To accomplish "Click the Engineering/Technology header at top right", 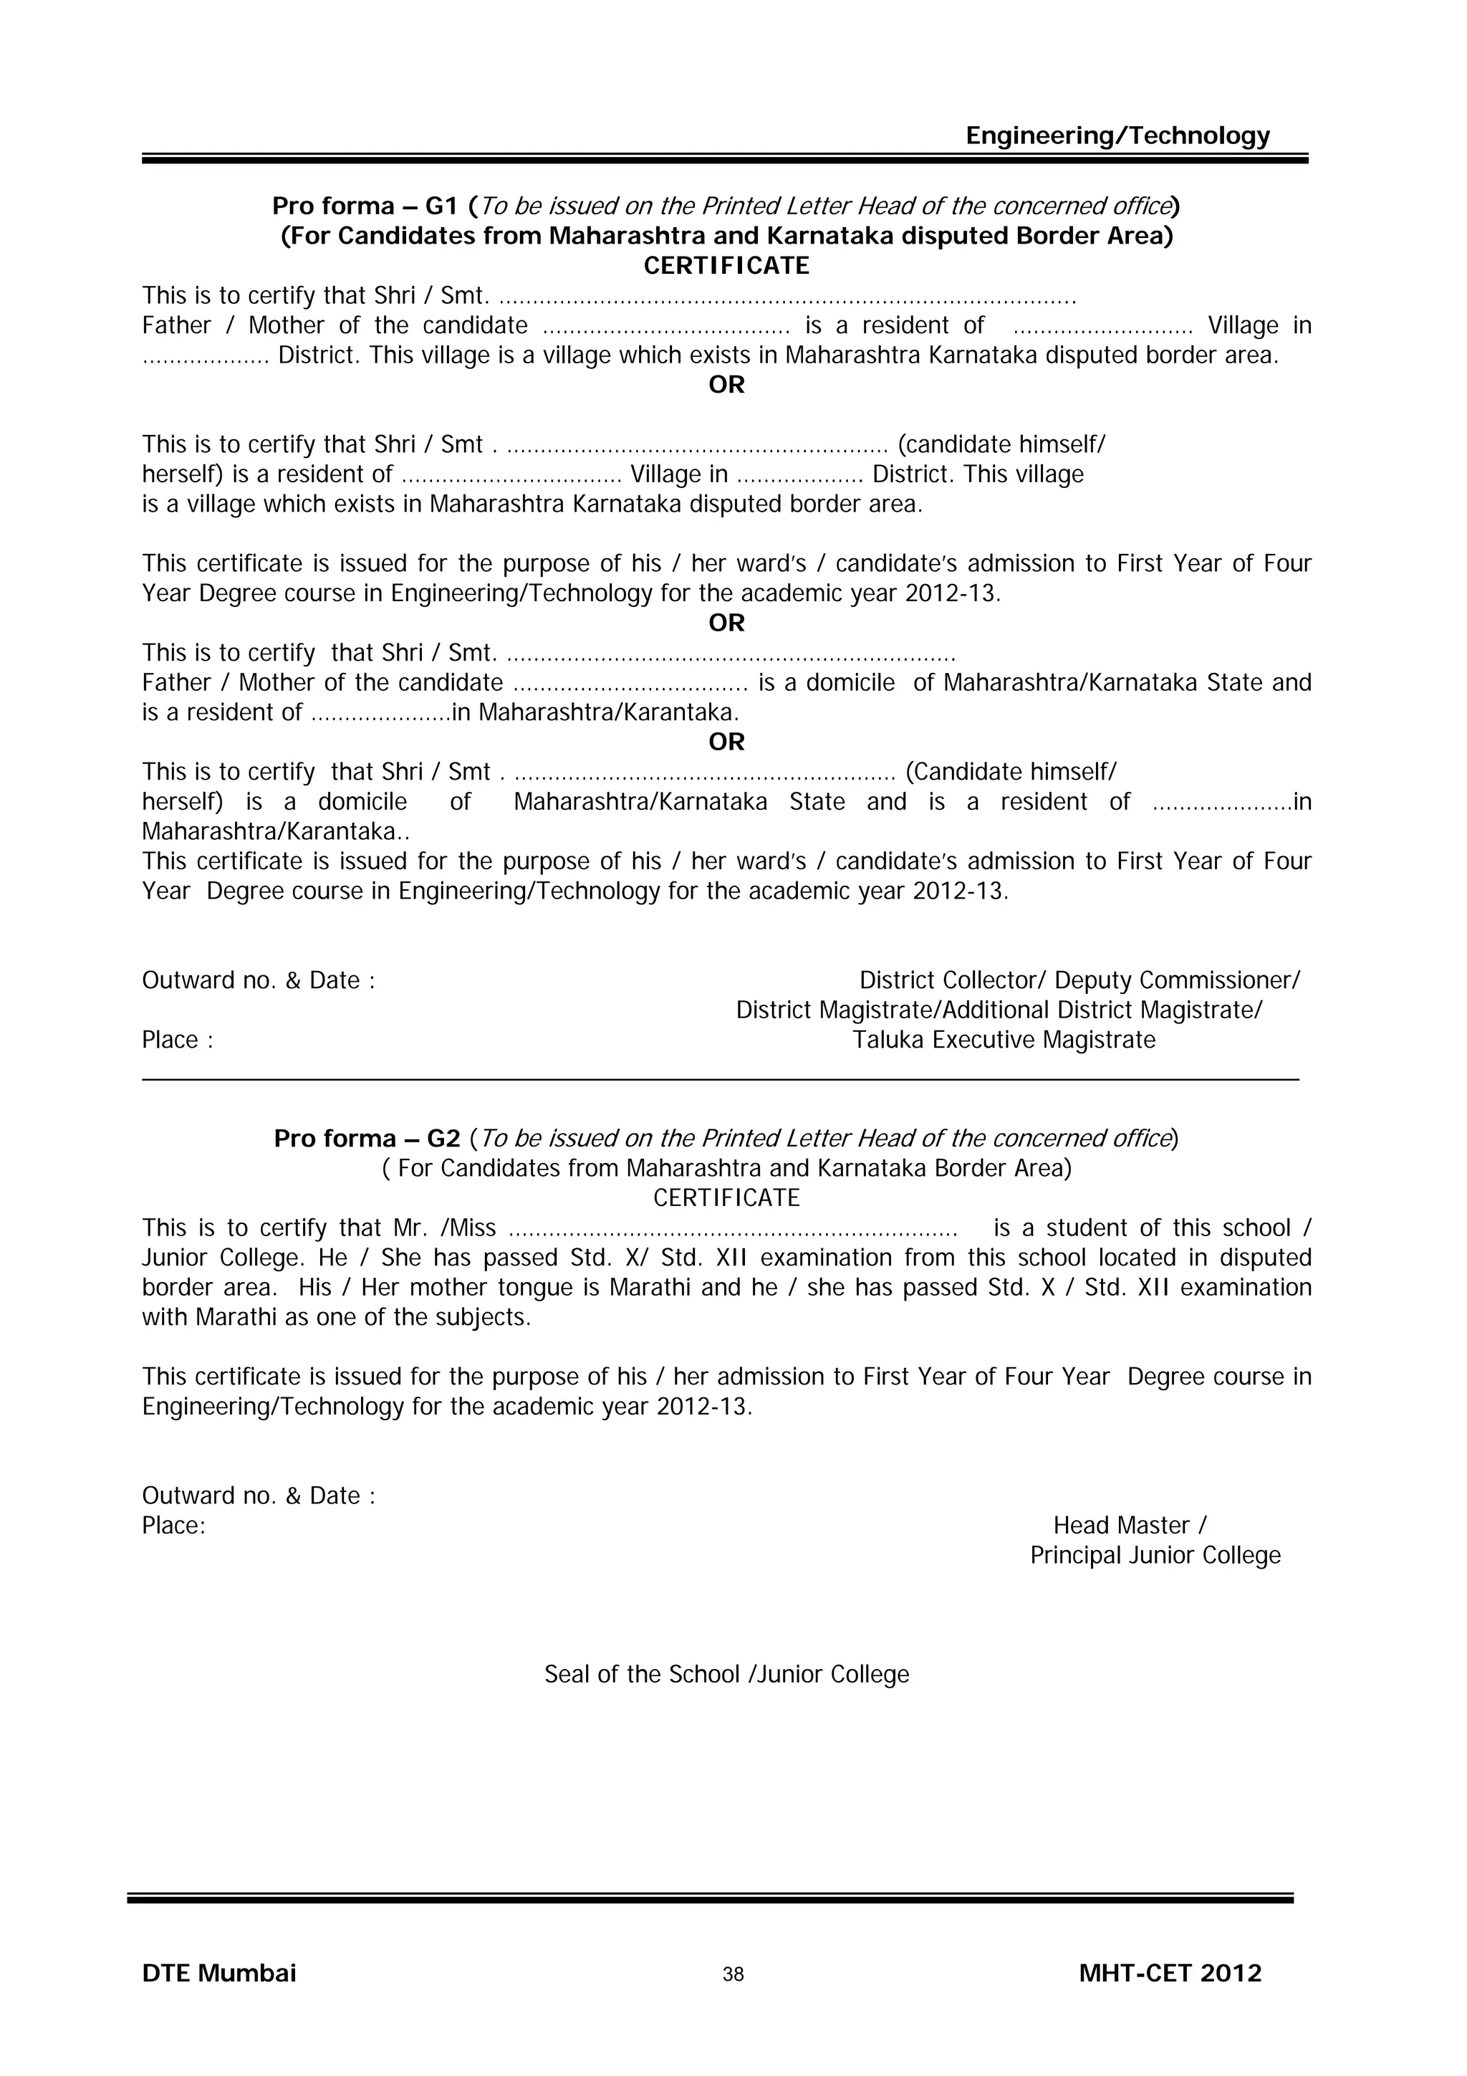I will click(1117, 135).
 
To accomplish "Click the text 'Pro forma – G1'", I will click(366, 206).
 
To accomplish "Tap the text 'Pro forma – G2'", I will click(367, 1139).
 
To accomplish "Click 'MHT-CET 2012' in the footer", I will click(1170, 1973).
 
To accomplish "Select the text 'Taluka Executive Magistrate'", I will click(1004, 1040).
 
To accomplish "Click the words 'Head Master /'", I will click(1129, 1526).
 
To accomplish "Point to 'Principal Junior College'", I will click(1155, 1555).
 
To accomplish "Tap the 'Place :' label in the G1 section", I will click(177, 1040).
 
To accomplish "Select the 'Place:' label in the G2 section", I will click(173, 1526).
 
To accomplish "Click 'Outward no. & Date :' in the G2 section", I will click(259, 1496).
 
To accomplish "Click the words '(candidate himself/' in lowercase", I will click(1001, 445).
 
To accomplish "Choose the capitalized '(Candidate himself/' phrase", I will click(1011, 772).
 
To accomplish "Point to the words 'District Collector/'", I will click(953, 980).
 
